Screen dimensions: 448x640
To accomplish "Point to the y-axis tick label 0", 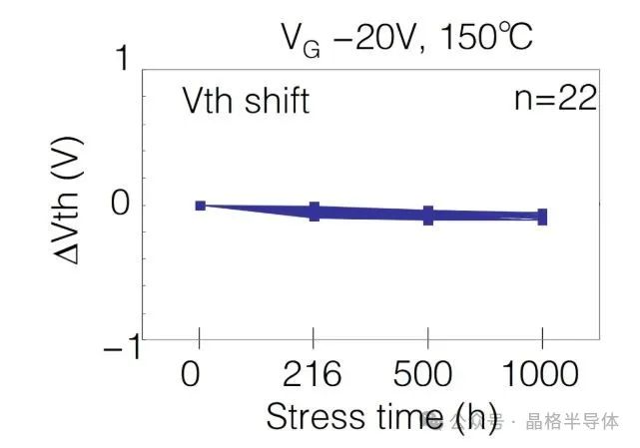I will [121, 205].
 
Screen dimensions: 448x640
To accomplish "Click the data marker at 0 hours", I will [201, 206].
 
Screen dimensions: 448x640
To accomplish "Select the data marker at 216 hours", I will [315, 211].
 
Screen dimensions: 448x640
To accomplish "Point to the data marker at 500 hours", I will [428, 215].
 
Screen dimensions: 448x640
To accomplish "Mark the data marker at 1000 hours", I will [542, 217].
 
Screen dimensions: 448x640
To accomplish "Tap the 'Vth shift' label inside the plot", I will [246, 101].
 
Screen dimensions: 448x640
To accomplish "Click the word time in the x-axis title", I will [409, 416].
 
